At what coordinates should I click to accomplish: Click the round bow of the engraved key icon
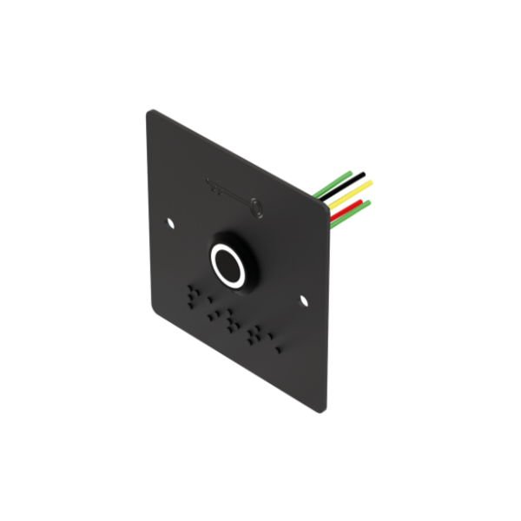257,207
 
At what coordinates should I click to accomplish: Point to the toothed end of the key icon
211,183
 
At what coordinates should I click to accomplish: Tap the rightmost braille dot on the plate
279,348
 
